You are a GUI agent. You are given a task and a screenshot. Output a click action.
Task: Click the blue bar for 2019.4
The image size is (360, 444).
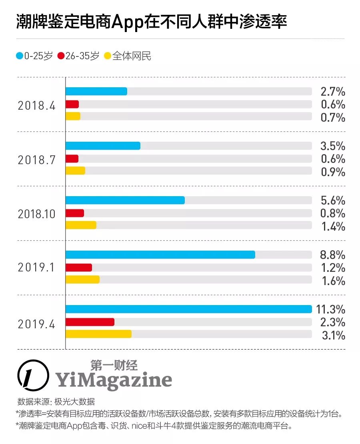pyautogui.click(x=188, y=309)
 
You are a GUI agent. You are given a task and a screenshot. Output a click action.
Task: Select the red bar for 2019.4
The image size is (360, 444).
pyautogui.click(x=90, y=322)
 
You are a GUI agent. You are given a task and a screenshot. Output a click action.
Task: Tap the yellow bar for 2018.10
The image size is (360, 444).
pyautogui.click(x=81, y=225)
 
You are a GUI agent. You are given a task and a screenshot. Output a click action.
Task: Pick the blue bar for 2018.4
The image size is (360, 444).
pyautogui.click(x=96, y=91)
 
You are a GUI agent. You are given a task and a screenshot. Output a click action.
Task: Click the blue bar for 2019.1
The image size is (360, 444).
pyautogui.click(x=160, y=255)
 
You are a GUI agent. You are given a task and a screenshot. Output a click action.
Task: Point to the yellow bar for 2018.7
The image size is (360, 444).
pyautogui.click(x=75, y=171)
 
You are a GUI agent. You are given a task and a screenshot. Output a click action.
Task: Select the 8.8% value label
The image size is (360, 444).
pyautogui.click(x=333, y=255)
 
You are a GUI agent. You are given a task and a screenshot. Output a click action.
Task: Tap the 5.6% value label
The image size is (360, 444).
pyautogui.click(x=333, y=200)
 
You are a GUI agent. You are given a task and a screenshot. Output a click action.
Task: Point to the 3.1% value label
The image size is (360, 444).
pyautogui.click(x=333, y=335)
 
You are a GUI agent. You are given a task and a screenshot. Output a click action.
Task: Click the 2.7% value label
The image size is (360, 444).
pyautogui.click(x=333, y=92)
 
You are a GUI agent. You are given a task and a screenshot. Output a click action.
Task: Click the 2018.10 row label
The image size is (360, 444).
pyautogui.click(x=36, y=213)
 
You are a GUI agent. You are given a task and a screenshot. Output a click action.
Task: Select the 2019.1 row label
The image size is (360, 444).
pyautogui.click(x=36, y=268)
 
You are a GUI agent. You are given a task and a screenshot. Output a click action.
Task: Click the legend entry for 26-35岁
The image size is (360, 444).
pyautogui.click(x=78, y=56)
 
